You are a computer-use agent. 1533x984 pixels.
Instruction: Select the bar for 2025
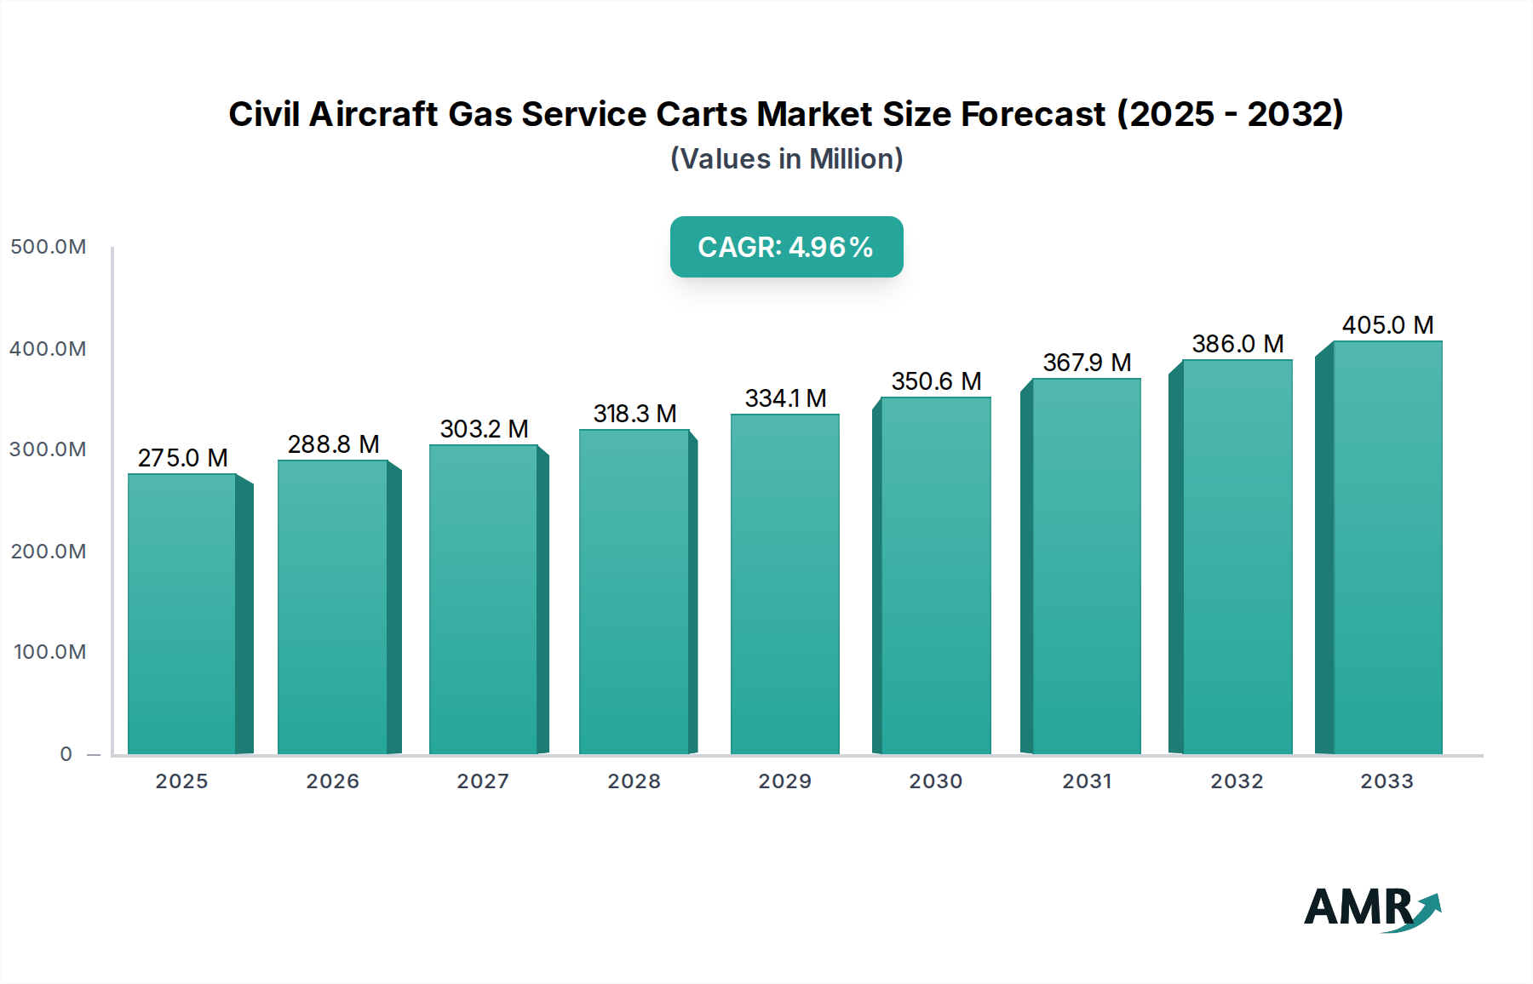tap(182, 613)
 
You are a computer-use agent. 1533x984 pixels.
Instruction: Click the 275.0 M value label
tap(182, 458)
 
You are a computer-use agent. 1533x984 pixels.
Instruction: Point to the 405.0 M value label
tap(1387, 325)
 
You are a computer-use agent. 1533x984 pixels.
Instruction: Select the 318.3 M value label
tap(634, 414)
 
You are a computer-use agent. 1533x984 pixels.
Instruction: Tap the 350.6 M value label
tap(936, 381)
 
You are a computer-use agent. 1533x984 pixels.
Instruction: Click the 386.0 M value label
tap(1237, 344)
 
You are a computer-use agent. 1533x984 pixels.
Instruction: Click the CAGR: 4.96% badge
tap(786, 247)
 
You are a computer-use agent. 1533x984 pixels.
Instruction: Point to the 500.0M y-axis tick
tap(49, 247)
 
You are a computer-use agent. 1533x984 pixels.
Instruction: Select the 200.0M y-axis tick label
tap(49, 552)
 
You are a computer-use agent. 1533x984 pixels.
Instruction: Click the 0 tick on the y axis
tap(66, 754)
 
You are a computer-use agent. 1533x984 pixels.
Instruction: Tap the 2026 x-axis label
tap(333, 781)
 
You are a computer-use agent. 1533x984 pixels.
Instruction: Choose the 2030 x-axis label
tap(936, 781)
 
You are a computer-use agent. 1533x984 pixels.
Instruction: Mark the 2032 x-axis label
tap(1237, 781)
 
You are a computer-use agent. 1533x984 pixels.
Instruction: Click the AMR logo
tap(1371, 908)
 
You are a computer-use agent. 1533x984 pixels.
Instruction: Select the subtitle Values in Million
tap(786, 159)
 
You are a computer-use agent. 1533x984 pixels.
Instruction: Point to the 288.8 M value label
tap(333, 444)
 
